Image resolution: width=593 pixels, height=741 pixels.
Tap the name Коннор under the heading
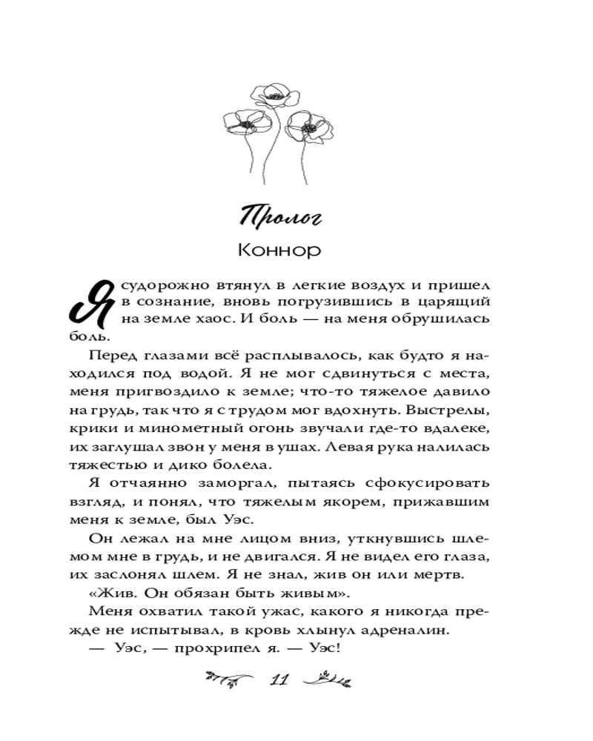pyautogui.click(x=279, y=250)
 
